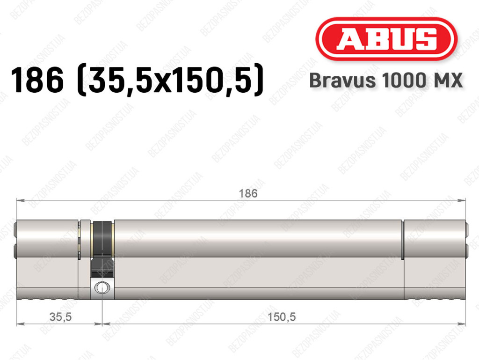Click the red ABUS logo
[x=386, y=39]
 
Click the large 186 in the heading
[x=37, y=80]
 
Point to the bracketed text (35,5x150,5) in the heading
[x=170, y=80]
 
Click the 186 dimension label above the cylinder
[x=248, y=193]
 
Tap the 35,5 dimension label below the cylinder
[x=60, y=317]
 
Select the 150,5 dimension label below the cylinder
[x=282, y=317]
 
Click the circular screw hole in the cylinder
[x=102, y=287]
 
